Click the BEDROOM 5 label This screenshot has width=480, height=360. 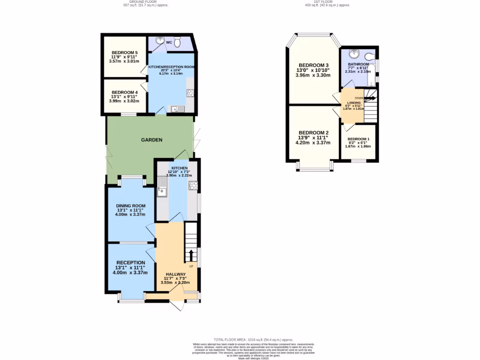125,52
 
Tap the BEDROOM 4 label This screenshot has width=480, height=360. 125,92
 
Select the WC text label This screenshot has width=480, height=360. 169,42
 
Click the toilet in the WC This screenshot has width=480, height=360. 178,40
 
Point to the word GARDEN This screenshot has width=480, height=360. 152,140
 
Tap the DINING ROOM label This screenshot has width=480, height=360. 131,206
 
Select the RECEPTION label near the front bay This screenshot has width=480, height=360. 131,262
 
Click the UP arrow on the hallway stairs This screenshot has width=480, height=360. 191,255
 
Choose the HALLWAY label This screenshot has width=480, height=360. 176,274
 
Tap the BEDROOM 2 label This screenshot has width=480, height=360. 314,133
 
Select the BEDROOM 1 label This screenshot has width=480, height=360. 359,139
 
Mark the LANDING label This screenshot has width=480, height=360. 353,102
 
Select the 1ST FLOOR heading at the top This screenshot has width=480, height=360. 328,2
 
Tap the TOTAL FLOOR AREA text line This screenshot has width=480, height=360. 253,339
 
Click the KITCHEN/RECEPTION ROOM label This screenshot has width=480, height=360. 171,67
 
